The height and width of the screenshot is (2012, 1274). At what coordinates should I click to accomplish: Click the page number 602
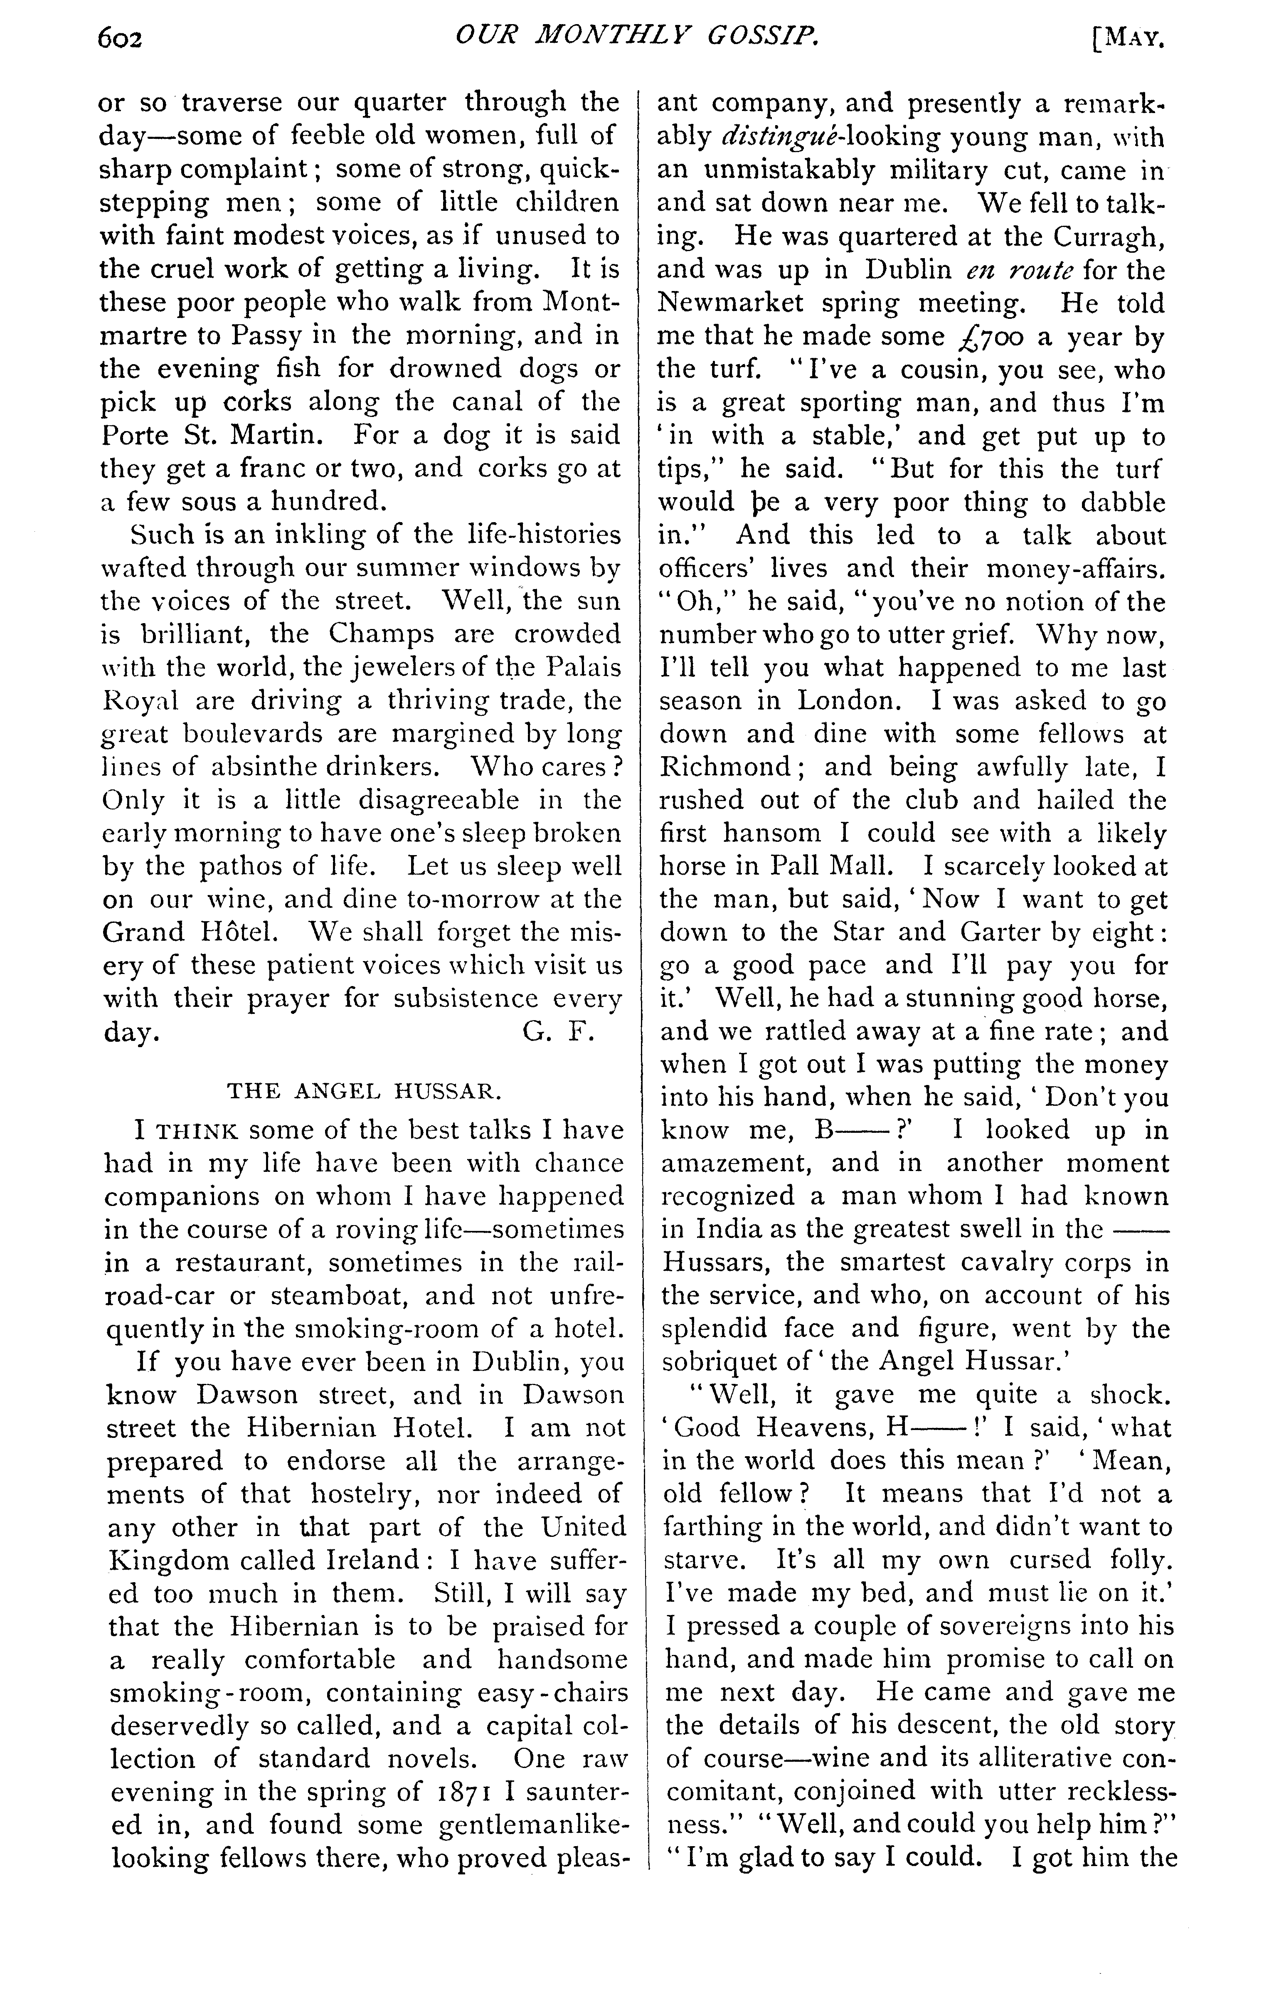coord(121,38)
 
